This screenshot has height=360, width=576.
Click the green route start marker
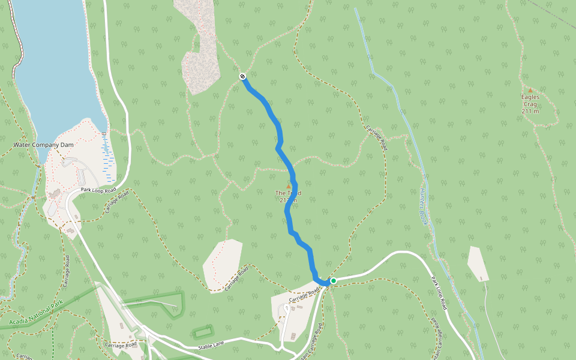(x=333, y=280)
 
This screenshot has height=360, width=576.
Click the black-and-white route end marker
(x=242, y=76)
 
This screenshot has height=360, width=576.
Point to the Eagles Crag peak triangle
(x=530, y=90)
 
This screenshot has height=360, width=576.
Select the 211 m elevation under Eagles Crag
(x=530, y=111)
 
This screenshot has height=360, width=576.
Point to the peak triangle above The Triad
(x=289, y=186)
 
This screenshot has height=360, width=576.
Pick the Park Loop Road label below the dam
(x=98, y=190)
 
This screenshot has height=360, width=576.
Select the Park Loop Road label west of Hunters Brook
(x=440, y=292)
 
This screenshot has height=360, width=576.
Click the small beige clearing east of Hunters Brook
(x=478, y=263)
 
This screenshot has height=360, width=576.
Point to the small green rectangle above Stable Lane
(x=203, y=331)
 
